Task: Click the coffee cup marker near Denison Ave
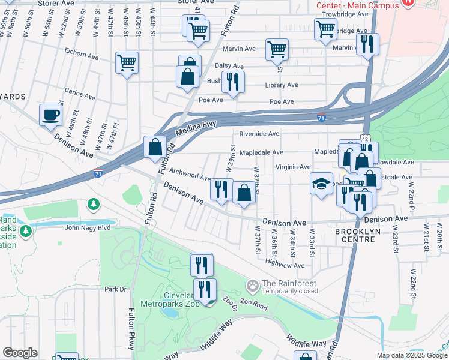pyautogui.click(x=50, y=115)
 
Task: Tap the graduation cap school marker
pyautogui.click(x=321, y=183)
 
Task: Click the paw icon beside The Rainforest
pyautogui.click(x=253, y=284)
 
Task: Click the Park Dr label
pyautogui.click(x=114, y=289)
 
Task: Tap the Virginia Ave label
pyautogui.click(x=293, y=167)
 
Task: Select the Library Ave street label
pyautogui.click(x=282, y=85)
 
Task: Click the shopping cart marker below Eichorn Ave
pyautogui.click(x=127, y=62)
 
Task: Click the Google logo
pyautogui.click(x=20, y=353)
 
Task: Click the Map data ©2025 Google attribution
pyautogui.click(x=412, y=355)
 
